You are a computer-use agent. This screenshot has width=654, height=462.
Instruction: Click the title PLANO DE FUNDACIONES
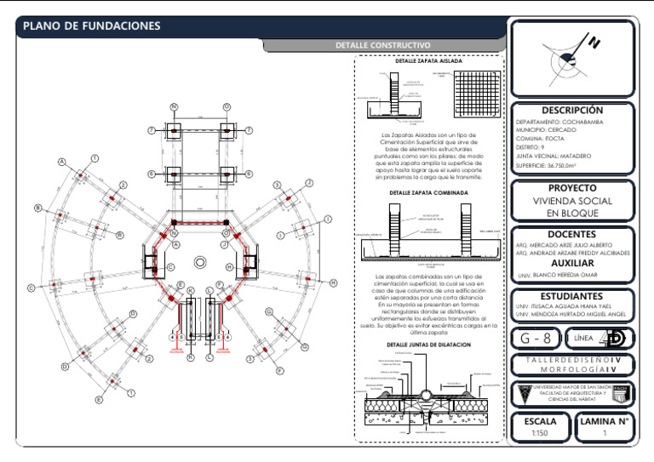point(91,26)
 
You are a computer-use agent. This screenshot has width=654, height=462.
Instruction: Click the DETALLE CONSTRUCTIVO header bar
point(383,45)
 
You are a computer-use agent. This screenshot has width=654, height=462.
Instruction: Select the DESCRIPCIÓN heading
point(571,111)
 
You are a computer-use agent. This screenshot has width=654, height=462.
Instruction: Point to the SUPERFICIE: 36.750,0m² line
point(553,165)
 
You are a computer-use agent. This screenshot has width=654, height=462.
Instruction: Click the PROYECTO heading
point(571,188)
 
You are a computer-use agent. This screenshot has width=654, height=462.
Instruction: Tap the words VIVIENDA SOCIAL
point(571,202)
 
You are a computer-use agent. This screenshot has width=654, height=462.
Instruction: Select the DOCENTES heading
point(571,234)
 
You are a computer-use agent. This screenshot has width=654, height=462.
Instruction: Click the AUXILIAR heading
point(571,263)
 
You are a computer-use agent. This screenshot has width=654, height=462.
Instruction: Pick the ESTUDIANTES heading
point(571,296)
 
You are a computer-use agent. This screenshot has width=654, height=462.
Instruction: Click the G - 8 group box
point(535,339)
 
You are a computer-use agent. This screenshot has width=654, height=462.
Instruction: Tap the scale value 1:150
point(541,434)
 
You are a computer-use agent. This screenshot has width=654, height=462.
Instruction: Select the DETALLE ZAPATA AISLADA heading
point(429,62)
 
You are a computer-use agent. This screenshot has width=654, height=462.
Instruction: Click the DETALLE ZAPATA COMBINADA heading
point(429,193)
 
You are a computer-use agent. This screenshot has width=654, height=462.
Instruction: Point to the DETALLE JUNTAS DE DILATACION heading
point(428,345)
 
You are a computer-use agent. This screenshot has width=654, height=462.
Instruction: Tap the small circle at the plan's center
point(200,260)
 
